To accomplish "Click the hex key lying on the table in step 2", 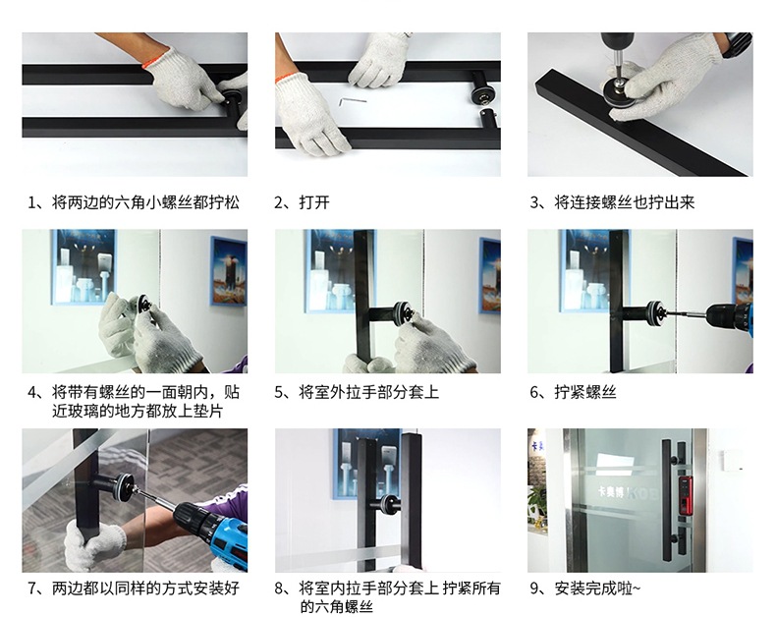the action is [352, 101].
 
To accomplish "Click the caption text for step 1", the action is [134, 202].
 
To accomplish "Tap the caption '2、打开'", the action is [302, 202].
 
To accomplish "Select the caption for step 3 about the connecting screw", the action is [612, 202].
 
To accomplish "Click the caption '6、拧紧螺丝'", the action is [573, 392].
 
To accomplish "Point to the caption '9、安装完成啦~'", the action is [585, 589].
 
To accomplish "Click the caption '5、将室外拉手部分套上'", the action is [357, 392].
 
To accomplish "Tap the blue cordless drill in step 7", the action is [213, 530].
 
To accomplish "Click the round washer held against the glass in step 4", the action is [144, 302].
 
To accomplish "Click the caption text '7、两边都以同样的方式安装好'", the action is [134, 589].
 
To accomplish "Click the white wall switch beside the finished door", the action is [731, 460].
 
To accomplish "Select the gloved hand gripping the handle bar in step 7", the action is [94, 543].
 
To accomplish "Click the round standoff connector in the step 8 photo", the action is [389, 504].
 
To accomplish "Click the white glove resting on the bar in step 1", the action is [183, 80].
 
